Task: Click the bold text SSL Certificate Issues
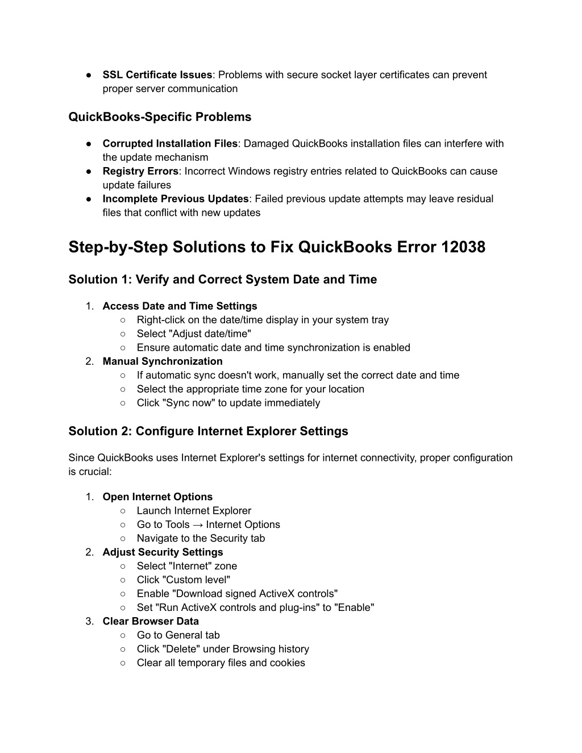[157, 75]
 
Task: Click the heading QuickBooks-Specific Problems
[160, 117]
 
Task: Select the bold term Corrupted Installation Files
[170, 144]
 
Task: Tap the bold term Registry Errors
[140, 171]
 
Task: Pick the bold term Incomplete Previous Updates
[176, 199]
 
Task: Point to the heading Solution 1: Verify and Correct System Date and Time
[222, 280]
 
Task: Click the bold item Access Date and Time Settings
[180, 306]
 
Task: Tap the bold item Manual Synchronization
[163, 361]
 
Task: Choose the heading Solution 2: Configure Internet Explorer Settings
[208, 431]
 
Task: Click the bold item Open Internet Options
[157, 497]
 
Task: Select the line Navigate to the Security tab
[201, 539]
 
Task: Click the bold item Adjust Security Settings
[163, 552]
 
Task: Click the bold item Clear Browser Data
[151, 622]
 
